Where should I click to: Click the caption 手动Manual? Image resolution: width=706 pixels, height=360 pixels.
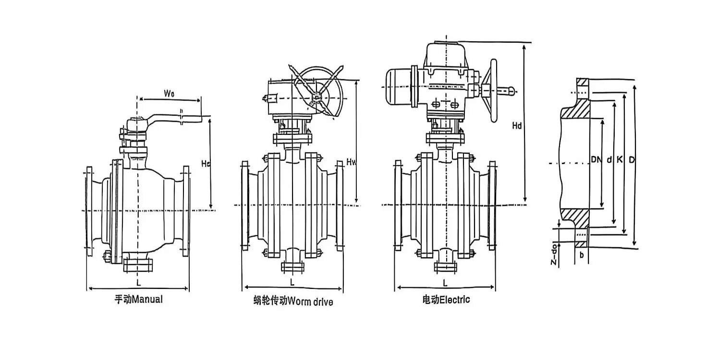coord(138,300)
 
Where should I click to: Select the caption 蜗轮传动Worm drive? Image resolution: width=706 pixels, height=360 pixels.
coord(293,301)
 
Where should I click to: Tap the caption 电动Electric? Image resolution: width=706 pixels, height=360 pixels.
coord(446,300)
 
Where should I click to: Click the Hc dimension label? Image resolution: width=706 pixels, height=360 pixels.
coord(206,164)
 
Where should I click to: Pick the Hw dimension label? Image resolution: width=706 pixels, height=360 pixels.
coord(351,163)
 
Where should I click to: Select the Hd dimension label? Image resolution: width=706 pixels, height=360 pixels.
coord(517,126)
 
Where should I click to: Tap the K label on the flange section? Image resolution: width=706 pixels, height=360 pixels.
coord(620,159)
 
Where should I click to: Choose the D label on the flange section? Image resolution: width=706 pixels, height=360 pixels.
coord(632,159)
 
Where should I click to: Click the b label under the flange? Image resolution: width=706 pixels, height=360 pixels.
coord(582,255)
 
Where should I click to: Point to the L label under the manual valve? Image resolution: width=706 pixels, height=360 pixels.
coord(139,281)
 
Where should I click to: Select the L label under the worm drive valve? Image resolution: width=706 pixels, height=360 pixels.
coord(292,282)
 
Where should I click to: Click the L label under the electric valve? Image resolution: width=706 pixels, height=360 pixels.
coord(445,282)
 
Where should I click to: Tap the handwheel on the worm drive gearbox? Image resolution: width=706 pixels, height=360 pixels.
coord(315,91)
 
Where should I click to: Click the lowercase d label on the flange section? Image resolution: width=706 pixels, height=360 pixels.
coord(609,159)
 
